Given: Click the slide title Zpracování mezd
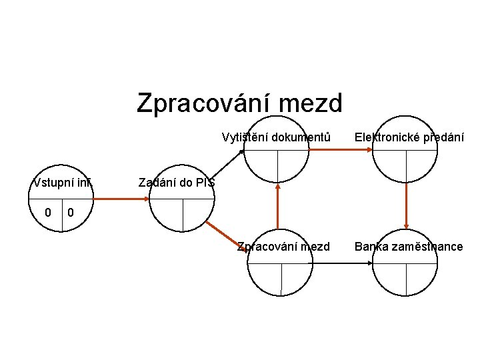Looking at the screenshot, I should click(239, 103).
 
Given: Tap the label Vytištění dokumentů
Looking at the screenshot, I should click(276, 138).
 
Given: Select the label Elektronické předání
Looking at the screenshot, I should click(409, 138).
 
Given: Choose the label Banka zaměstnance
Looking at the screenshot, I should click(409, 247).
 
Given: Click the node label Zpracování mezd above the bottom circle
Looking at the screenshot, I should click(283, 247).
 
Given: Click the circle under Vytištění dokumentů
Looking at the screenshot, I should click(276, 160).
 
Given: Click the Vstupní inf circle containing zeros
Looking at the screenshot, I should click(61, 207).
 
